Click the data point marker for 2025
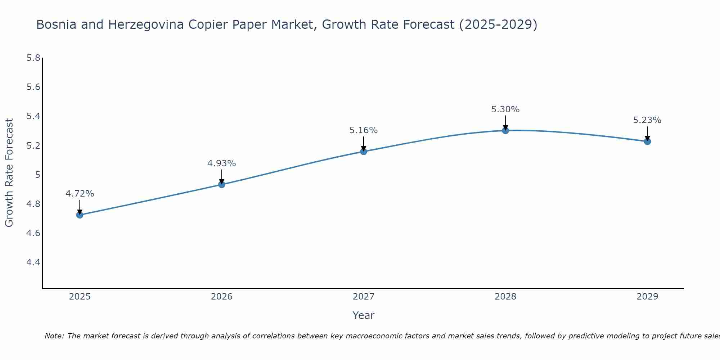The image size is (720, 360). click(80, 215)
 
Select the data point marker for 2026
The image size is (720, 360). click(222, 184)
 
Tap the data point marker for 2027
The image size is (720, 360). click(364, 151)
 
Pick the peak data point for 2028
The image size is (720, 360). click(505, 130)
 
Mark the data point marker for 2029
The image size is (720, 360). click(647, 141)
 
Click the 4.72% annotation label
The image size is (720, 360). click(80, 194)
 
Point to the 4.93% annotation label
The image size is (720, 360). click(222, 163)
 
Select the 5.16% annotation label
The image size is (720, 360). click(364, 130)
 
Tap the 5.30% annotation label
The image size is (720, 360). click(505, 109)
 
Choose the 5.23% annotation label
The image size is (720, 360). click(647, 120)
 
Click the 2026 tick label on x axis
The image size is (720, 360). click(222, 297)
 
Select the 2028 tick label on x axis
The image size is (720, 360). click(505, 297)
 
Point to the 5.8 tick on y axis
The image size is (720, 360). click(33, 58)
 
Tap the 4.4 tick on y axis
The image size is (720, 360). click(33, 262)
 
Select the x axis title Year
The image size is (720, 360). click(364, 315)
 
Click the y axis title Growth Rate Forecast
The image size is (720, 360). click(9, 173)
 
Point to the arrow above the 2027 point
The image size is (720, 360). click(364, 143)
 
